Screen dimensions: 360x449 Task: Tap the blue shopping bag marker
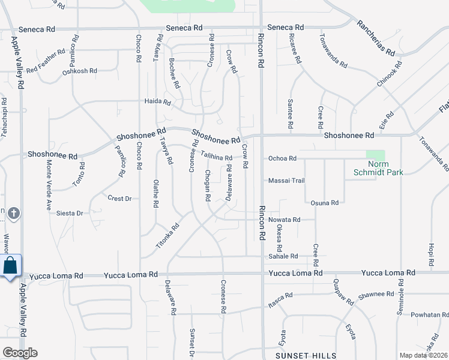(10, 266)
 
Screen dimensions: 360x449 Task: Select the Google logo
(20, 353)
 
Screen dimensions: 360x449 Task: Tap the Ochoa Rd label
(282, 158)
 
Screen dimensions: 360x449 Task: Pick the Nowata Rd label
(285, 220)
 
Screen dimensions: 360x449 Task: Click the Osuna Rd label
(325, 203)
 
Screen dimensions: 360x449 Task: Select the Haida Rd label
(158, 101)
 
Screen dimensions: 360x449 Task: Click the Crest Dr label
(119, 198)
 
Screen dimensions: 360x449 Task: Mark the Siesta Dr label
(70, 213)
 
